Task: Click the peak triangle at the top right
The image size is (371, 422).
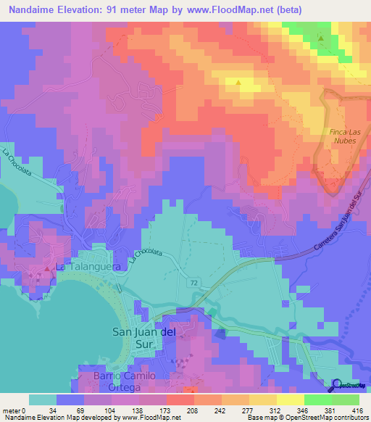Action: [x=321, y=37]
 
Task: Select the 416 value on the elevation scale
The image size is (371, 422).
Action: [x=358, y=410]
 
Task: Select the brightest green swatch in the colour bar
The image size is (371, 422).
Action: [x=320, y=400]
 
